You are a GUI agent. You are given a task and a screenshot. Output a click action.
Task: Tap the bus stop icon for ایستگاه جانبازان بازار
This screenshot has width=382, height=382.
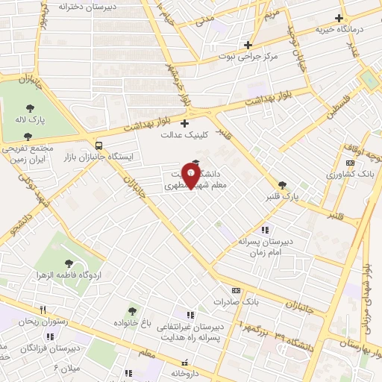coord(98,145)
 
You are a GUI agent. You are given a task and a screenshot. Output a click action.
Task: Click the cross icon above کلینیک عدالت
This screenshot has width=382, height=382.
coord(185,123)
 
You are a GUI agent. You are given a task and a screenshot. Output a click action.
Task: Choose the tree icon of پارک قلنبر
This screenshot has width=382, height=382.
coord(282,185)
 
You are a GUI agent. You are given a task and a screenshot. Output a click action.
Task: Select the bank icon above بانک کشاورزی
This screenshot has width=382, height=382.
coord(350,163)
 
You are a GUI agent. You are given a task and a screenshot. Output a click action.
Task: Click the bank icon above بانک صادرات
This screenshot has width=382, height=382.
coord(236,290)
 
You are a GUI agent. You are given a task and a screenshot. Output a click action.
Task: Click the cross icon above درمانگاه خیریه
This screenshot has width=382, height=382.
coord(339,18)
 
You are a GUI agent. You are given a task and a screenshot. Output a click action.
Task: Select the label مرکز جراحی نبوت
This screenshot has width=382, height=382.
coord(248,57)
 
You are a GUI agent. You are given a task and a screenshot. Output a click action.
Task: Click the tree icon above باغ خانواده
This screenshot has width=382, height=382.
coord(132,311)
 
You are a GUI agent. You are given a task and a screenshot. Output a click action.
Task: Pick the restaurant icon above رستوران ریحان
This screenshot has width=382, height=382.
coord(43,310)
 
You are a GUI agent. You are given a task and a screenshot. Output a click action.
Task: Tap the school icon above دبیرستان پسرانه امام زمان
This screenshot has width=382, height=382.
coord(264,230)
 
